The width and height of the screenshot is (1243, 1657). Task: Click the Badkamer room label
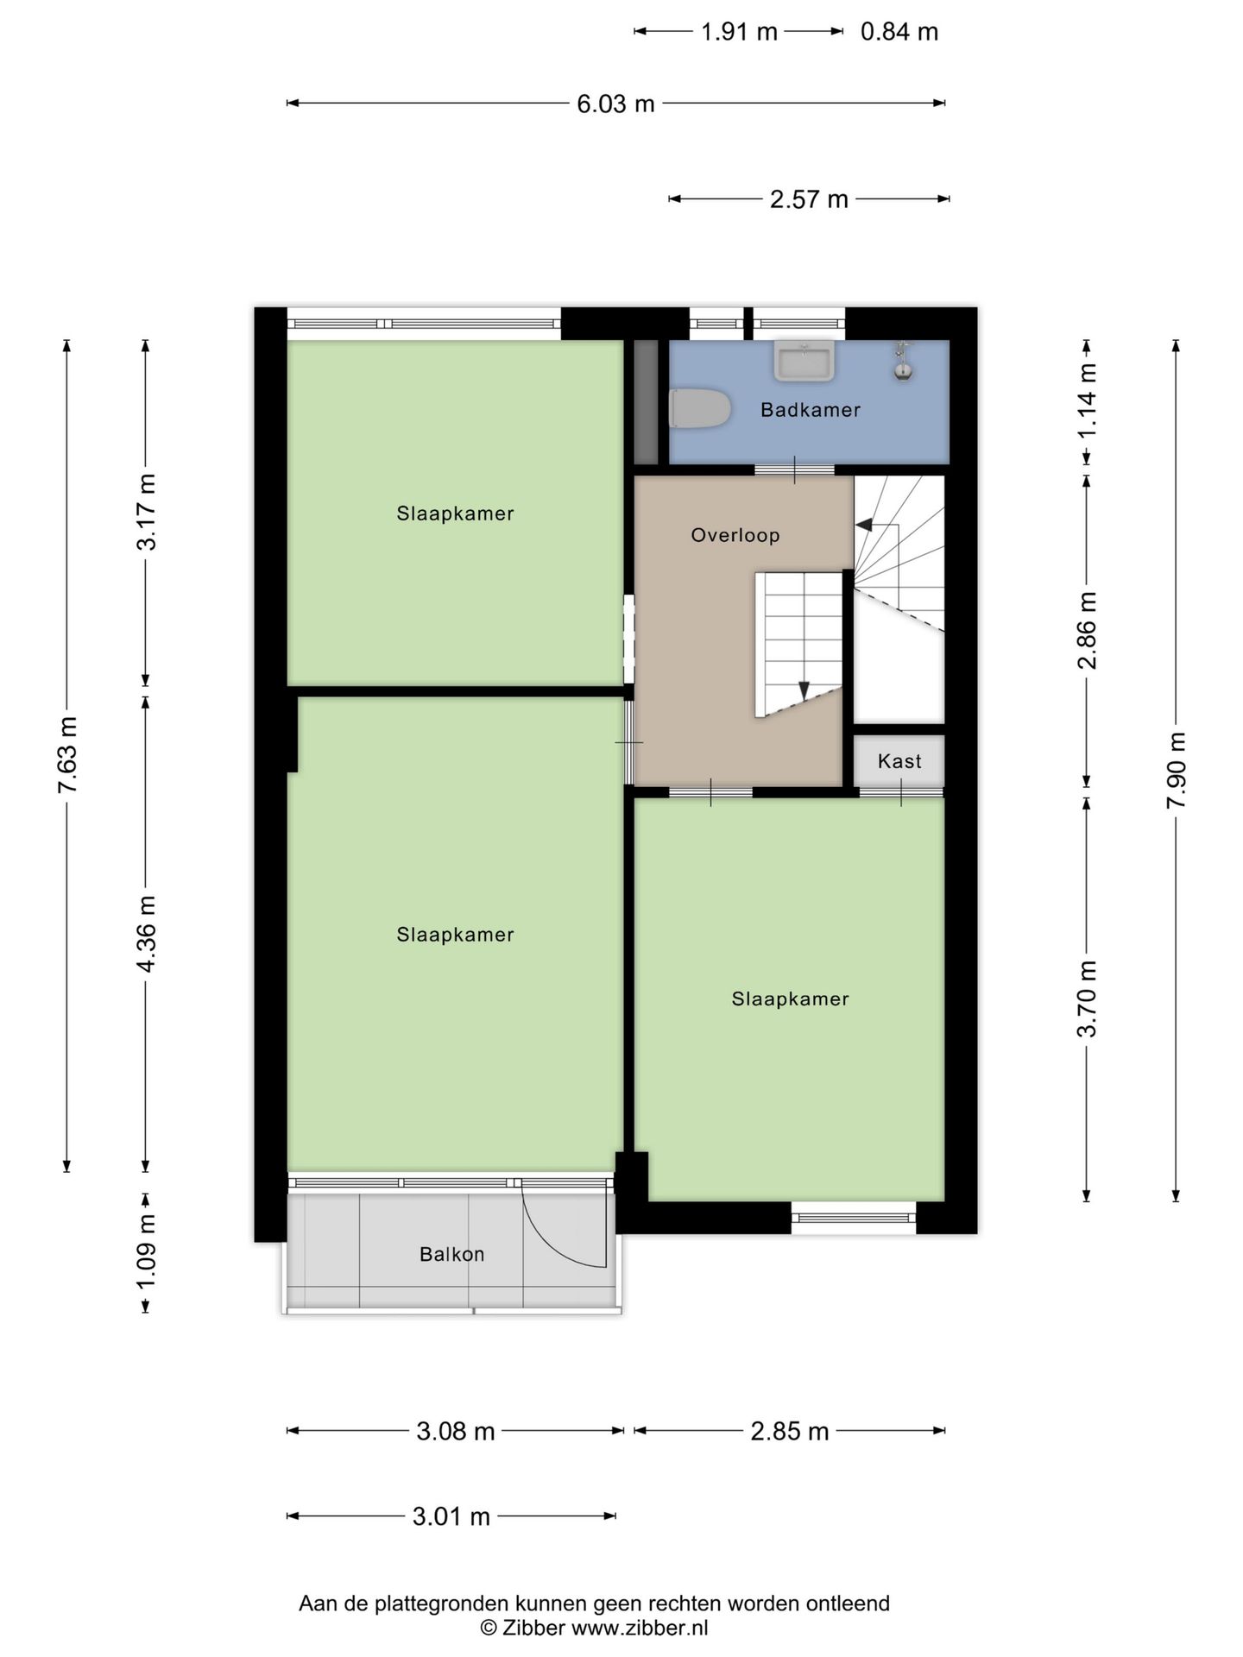pyautogui.click(x=810, y=410)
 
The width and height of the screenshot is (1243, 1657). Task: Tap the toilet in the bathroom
pyautogui.click(x=700, y=408)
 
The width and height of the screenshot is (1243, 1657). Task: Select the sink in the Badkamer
pyautogui.click(x=804, y=360)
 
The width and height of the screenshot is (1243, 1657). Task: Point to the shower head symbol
pyautogui.click(x=902, y=361)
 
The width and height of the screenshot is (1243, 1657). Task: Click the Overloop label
pyautogui.click(x=735, y=535)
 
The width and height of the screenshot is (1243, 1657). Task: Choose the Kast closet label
pyautogui.click(x=899, y=761)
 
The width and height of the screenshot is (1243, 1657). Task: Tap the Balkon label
pyautogui.click(x=451, y=1254)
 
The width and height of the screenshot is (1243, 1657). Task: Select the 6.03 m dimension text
pyautogui.click(x=615, y=104)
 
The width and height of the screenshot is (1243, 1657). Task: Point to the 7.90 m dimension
pyautogui.click(x=1176, y=770)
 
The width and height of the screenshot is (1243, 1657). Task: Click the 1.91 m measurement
pyautogui.click(x=739, y=32)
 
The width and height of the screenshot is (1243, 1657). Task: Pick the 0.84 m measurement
pyautogui.click(x=899, y=32)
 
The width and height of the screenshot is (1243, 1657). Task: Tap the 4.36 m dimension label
pyautogui.click(x=146, y=934)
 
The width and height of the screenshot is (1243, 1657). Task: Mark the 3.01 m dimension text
pyautogui.click(x=451, y=1516)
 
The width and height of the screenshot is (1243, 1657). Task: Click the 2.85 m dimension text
pyautogui.click(x=790, y=1432)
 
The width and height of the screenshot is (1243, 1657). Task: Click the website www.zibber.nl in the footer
pyautogui.click(x=640, y=1629)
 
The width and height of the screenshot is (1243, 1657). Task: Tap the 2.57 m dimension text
pyautogui.click(x=809, y=199)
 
